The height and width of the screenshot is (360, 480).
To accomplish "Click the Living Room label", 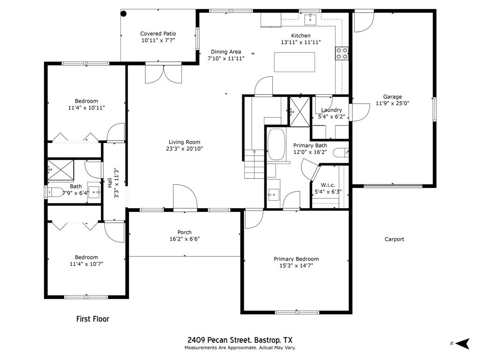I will click(x=184, y=142).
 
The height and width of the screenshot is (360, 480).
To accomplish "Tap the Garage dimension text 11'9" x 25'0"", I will click(x=392, y=104).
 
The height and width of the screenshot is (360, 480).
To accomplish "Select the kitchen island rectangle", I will click(x=294, y=62).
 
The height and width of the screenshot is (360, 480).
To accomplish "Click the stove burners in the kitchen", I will click(x=342, y=53).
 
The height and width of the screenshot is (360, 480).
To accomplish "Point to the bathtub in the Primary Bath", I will click(x=276, y=144).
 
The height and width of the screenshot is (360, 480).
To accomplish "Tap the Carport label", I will click(x=394, y=239).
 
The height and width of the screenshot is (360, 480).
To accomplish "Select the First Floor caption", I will click(x=93, y=319).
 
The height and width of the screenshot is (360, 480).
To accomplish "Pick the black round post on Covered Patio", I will click(x=124, y=14).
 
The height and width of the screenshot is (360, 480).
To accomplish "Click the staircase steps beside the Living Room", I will click(x=255, y=164).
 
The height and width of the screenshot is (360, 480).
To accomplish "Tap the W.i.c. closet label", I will click(x=328, y=185).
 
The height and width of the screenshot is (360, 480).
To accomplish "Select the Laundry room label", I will click(x=331, y=110).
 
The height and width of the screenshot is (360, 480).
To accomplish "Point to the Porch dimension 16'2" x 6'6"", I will click(x=184, y=239).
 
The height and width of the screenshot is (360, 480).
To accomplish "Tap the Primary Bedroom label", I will click(x=296, y=259).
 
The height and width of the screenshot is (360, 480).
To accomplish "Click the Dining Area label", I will click(x=225, y=52).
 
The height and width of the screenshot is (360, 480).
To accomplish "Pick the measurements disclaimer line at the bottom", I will click(x=240, y=348).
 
